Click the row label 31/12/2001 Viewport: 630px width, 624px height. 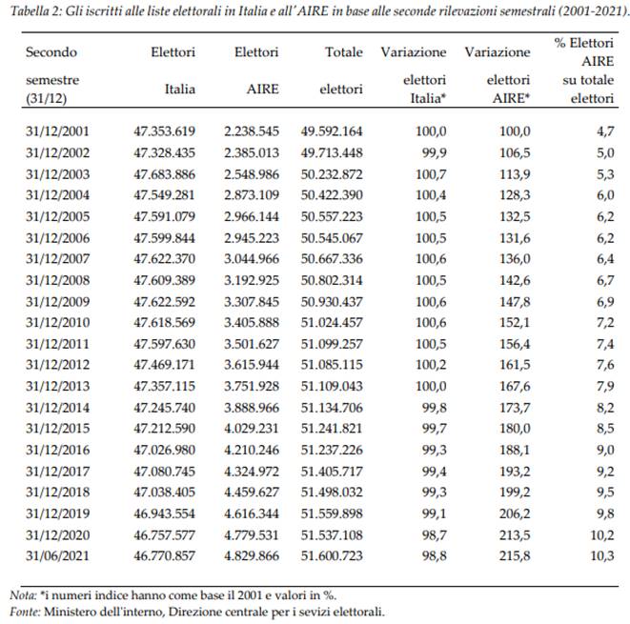click(57, 131)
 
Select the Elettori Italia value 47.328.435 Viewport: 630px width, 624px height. click(164, 153)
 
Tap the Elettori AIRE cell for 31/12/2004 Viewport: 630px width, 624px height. click(252, 195)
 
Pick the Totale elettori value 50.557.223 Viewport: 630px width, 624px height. click(332, 217)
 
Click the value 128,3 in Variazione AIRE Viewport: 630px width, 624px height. click(515, 195)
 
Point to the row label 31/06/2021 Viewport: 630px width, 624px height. click(57, 556)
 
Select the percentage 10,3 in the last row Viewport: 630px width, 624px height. click(602, 556)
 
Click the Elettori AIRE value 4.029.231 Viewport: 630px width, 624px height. click(252, 429)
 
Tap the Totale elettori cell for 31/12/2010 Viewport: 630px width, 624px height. click(332, 322)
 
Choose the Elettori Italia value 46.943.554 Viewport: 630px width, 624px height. click(164, 513)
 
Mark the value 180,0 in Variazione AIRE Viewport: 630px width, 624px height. click(515, 429)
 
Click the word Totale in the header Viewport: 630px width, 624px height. click(344, 52)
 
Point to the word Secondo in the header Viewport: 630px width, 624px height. click(51, 52)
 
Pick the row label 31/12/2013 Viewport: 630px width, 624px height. click(57, 386)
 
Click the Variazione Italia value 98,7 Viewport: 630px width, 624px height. click(434, 535)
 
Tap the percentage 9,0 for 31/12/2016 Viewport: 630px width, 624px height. click(605, 450)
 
